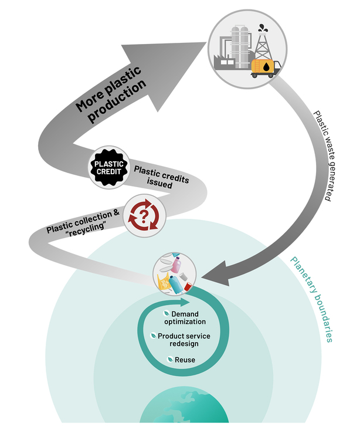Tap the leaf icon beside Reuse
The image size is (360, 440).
pyautogui.click(x=169, y=359)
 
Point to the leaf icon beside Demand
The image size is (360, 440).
pyautogui.click(x=166, y=314)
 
